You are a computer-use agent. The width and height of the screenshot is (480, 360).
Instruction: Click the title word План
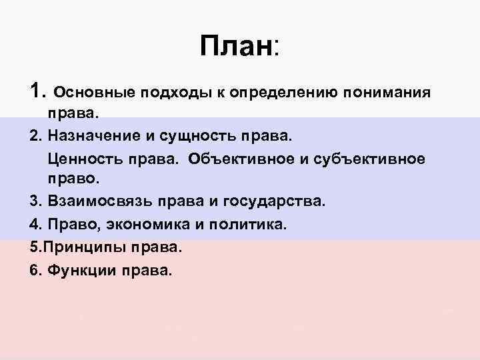(x=235, y=46)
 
